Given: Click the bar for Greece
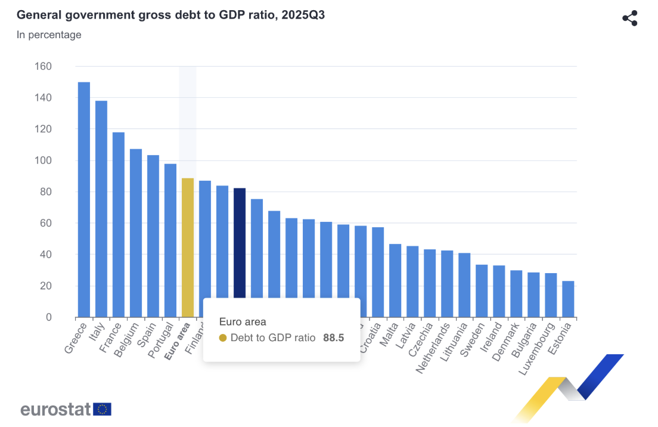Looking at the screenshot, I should click(x=84, y=200).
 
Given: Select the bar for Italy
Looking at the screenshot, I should click(x=101, y=209).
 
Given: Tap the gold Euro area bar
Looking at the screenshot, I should click(x=188, y=247).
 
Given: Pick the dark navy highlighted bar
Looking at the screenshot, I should click(x=240, y=242).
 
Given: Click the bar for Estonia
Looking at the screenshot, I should click(x=569, y=299).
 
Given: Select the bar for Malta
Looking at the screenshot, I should click(x=395, y=280).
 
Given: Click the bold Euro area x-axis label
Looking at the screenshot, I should click(x=178, y=341).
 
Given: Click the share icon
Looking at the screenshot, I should click(x=630, y=18).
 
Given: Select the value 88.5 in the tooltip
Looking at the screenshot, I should click(x=334, y=338).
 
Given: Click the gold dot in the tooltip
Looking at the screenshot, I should click(x=223, y=338).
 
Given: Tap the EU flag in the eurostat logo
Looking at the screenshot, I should click(x=103, y=409).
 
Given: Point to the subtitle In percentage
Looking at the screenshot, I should click(x=49, y=35).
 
